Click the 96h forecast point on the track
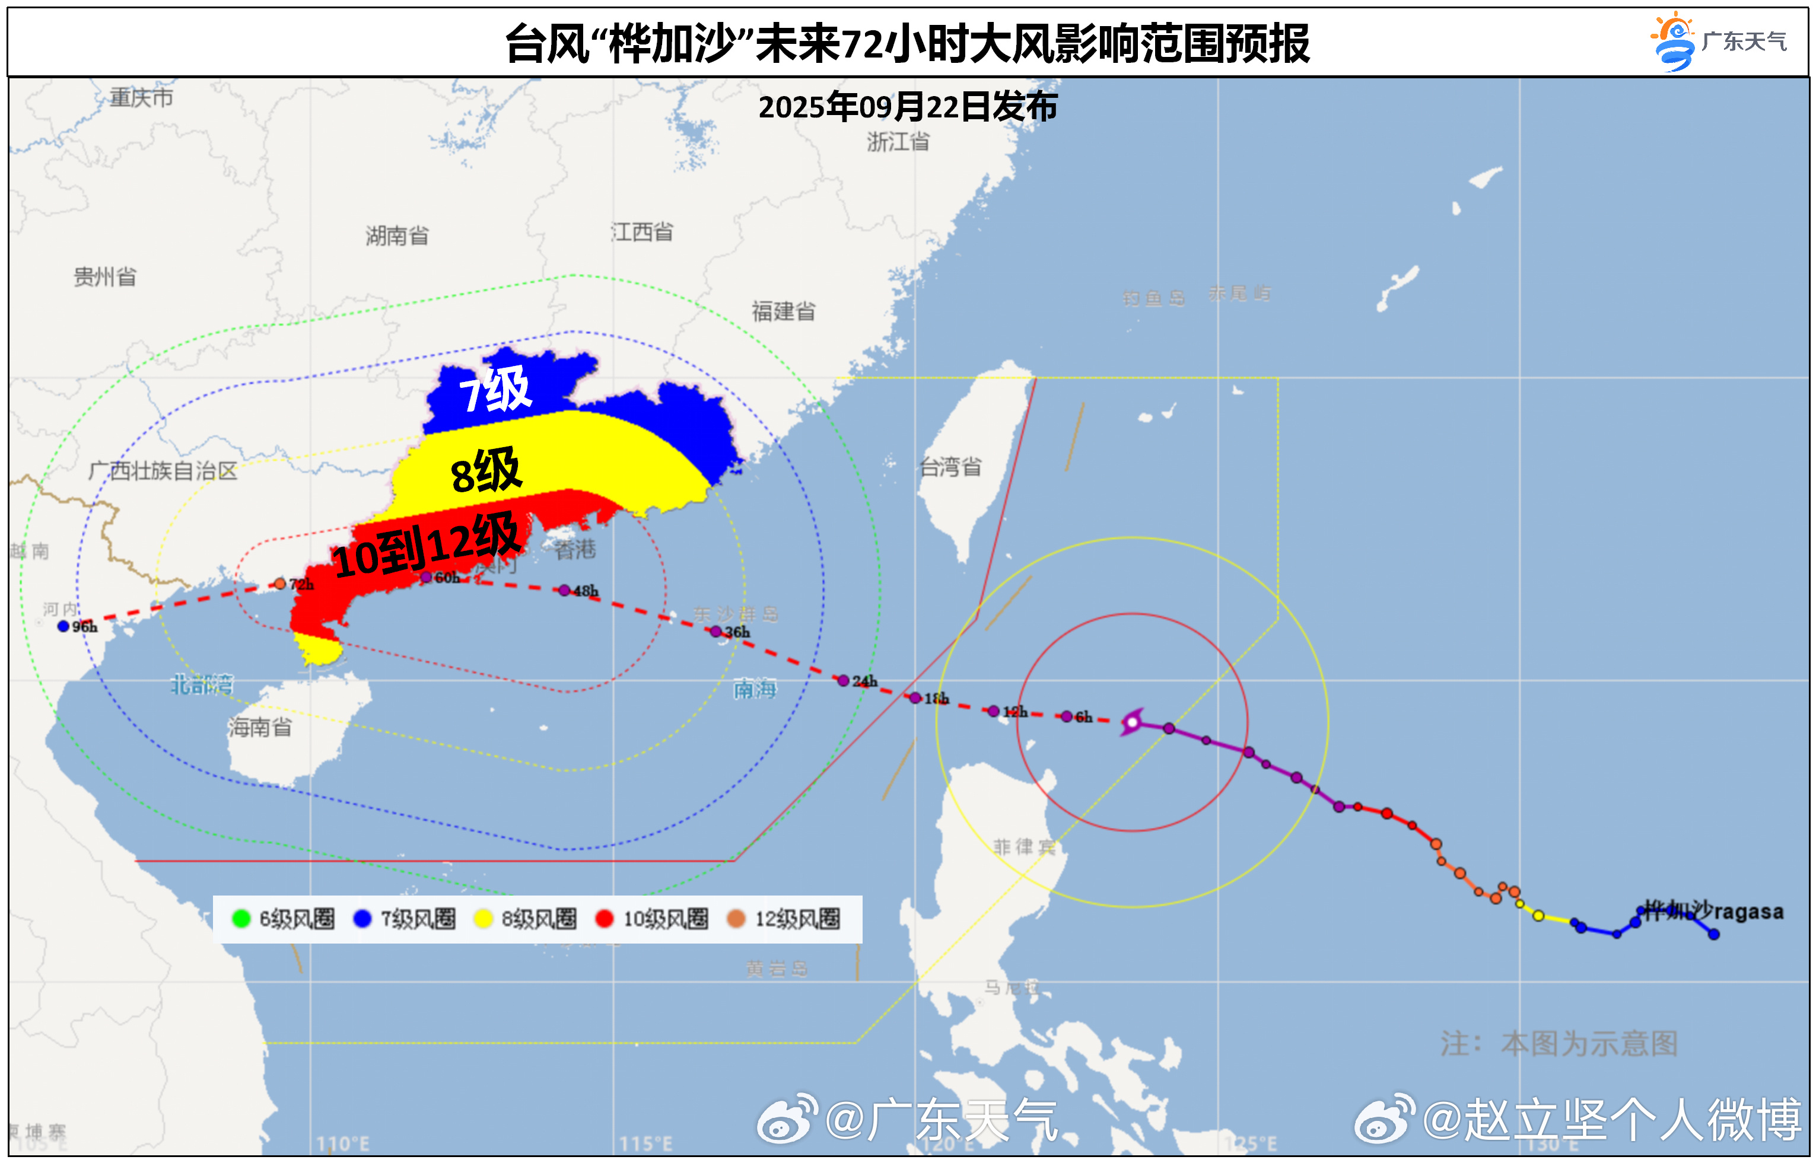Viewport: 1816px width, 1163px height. click(x=63, y=626)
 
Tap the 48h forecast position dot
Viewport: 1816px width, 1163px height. click(x=564, y=590)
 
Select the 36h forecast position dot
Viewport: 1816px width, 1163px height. click(x=715, y=632)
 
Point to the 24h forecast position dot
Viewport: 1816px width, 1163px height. click(x=843, y=680)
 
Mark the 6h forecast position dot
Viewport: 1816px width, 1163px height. click(x=1066, y=716)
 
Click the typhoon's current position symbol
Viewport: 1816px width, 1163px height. click(x=1131, y=722)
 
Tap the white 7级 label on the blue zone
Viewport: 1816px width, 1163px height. click(x=495, y=390)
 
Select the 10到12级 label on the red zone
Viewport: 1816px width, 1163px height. click(x=426, y=545)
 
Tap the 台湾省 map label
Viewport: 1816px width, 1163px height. click(x=950, y=467)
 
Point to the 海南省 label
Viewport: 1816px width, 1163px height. click(x=260, y=727)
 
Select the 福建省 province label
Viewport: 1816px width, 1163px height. click(x=783, y=311)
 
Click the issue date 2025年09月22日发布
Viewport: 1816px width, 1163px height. click(x=907, y=107)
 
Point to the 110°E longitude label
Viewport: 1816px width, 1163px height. click(x=342, y=1143)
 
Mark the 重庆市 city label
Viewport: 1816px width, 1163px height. click(x=141, y=97)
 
